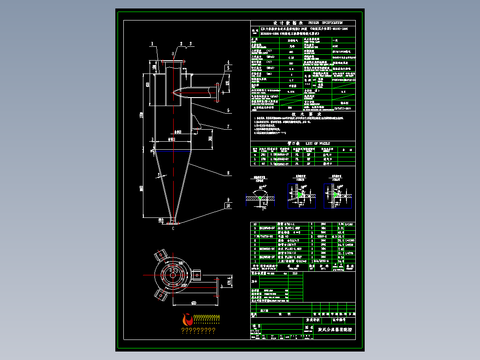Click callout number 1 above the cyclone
(152, 44)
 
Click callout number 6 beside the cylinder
(228, 110)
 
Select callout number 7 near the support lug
(228, 127)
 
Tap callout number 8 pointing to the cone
(228, 173)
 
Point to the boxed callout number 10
(228, 206)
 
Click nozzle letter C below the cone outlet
(173, 228)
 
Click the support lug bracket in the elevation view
(196, 123)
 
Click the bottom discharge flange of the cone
(173, 221)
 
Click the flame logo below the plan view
(187, 319)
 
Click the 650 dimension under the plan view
(194, 303)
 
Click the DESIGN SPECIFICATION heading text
(327, 22)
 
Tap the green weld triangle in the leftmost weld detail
(260, 197)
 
